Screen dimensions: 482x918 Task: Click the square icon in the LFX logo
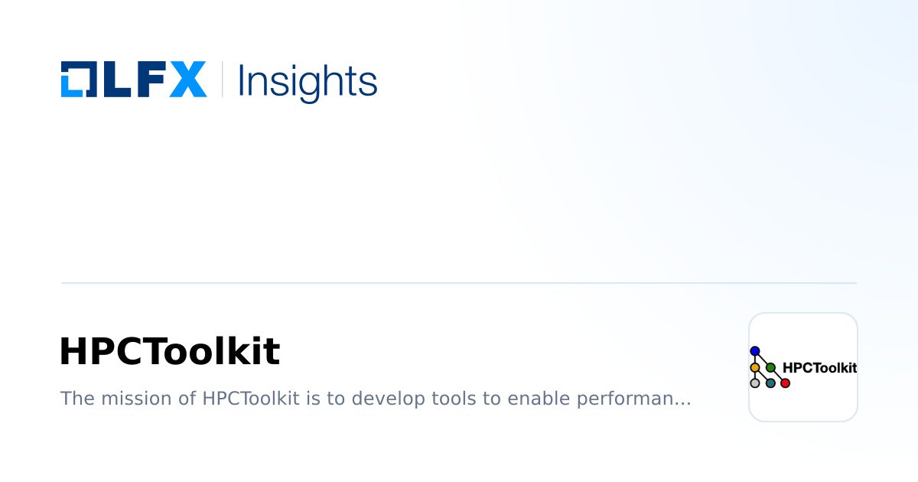(77, 80)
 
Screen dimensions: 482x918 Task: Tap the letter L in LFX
(111, 80)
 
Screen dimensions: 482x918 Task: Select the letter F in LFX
(148, 80)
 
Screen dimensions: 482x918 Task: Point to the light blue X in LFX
(187, 80)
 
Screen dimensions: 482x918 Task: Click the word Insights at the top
(308, 81)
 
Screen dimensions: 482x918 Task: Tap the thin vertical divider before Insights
(222, 80)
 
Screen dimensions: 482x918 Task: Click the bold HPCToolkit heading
(170, 352)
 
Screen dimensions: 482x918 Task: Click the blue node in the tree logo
(755, 351)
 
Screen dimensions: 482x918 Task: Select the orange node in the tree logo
(755, 367)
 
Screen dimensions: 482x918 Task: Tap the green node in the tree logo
(770, 367)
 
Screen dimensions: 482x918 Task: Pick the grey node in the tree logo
(755, 383)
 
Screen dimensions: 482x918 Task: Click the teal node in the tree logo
(770, 383)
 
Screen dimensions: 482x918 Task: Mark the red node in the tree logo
(785, 383)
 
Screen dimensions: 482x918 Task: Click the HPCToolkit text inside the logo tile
(819, 368)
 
